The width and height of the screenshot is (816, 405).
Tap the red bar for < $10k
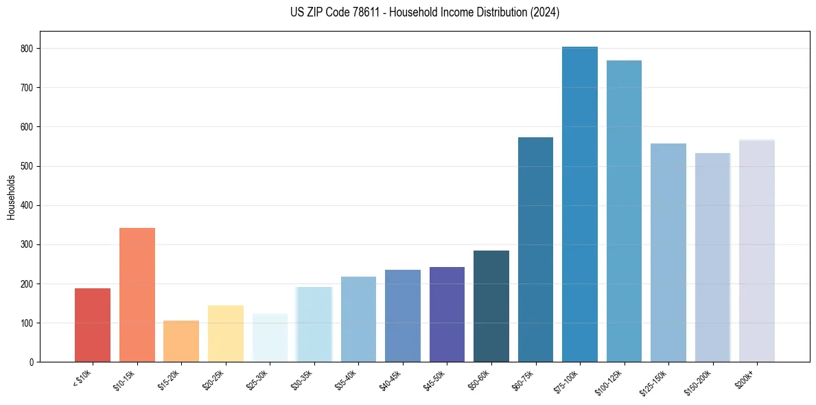[93, 325]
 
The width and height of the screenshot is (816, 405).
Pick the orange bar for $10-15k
[137, 295]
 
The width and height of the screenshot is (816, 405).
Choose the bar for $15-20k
[181, 341]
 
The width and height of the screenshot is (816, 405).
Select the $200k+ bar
[757, 251]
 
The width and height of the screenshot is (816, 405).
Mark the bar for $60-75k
[535, 250]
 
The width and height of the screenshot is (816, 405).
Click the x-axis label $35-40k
[348, 380]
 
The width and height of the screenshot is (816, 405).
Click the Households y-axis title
[11, 196]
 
